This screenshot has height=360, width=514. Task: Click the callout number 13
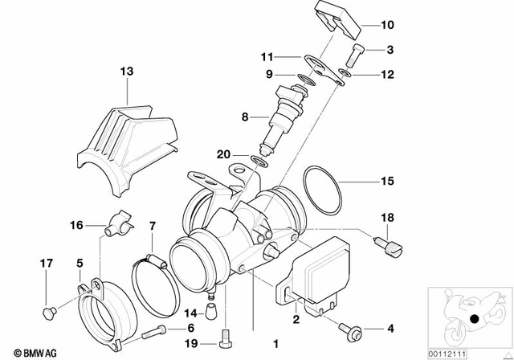(124, 72)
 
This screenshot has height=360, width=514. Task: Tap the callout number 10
(388, 23)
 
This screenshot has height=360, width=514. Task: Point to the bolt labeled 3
(357, 56)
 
